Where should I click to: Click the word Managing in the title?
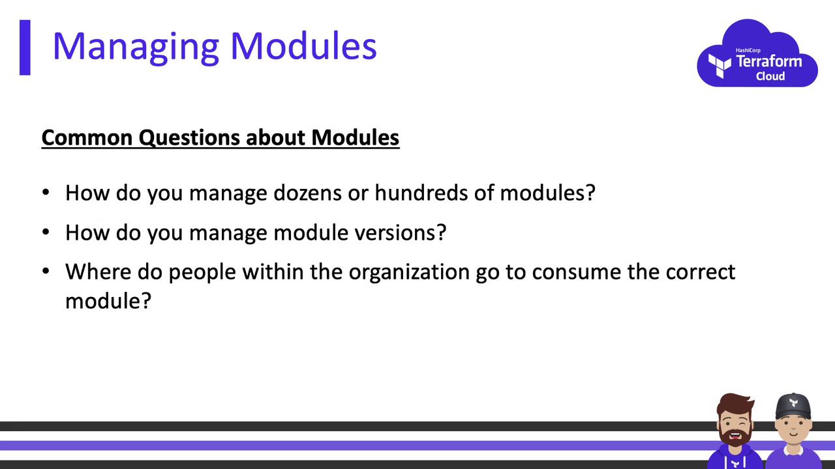click(x=136, y=48)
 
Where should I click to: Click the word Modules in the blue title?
click(x=304, y=46)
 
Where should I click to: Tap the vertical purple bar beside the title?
click(x=25, y=48)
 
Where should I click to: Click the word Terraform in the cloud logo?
click(x=768, y=61)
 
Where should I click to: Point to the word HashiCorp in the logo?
click(x=748, y=50)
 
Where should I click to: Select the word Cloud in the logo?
click(x=770, y=76)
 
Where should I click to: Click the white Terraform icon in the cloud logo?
click(x=719, y=66)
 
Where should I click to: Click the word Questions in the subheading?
click(x=189, y=138)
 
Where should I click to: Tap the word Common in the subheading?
click(x=87, y=137)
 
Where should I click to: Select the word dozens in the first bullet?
click(x=307, y=193)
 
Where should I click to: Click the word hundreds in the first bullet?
click(x=421, y=193)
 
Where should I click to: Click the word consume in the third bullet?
click(x=576, y=272)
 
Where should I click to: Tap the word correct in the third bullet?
click(x=701, y=272)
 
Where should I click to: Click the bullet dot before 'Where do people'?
click(x=46, y=272)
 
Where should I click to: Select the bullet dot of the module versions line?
click(x=46, y=232)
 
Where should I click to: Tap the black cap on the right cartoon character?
click(x=793, y=406)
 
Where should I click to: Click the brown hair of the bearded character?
click(x=734, y=403)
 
